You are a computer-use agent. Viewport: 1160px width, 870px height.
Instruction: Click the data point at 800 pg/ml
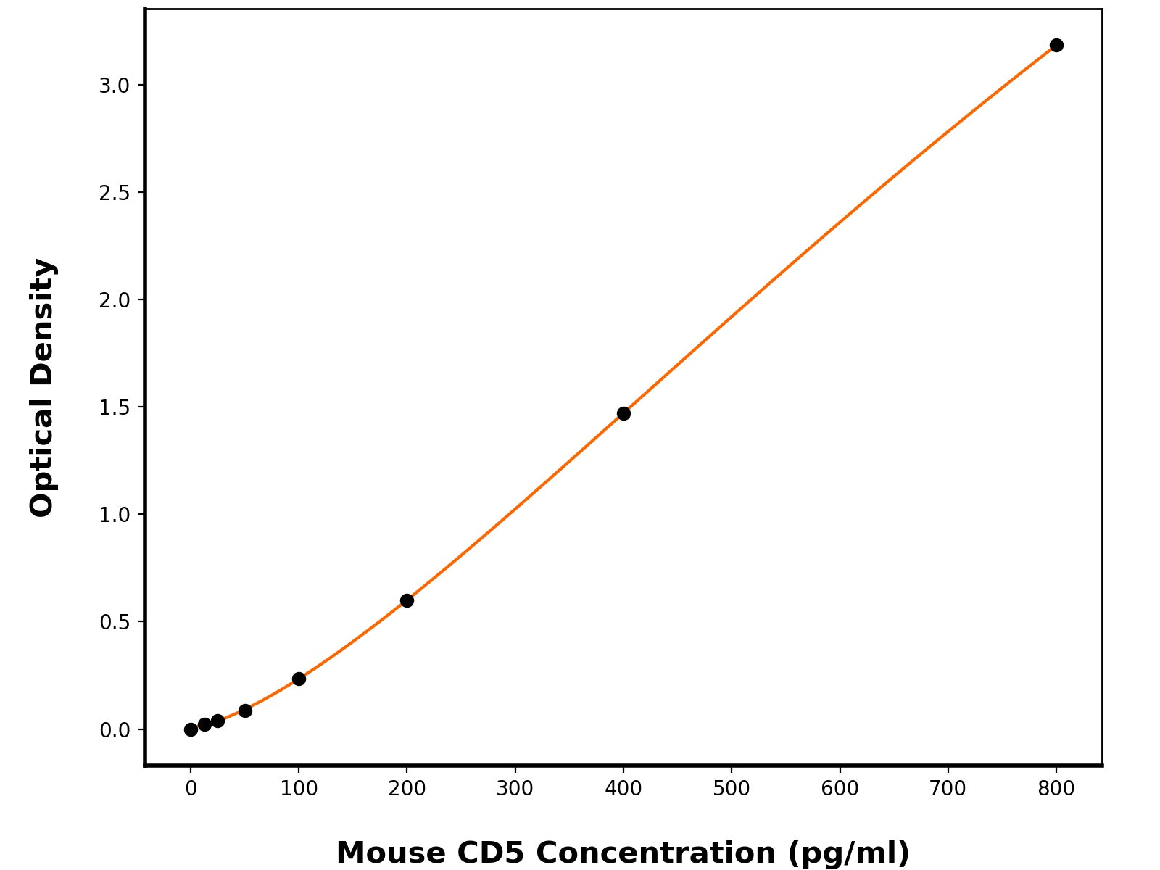coord(1056,46)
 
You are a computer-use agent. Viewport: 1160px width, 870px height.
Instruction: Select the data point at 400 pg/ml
coord(623,413)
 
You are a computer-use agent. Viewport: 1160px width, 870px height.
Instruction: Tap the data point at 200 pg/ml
coord(407,600)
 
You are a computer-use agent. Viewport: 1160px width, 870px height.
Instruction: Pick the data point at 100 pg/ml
coord(299,679)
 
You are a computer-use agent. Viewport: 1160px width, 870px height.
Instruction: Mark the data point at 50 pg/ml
coord(245,710)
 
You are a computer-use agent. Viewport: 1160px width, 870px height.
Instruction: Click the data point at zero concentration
coord(191,729)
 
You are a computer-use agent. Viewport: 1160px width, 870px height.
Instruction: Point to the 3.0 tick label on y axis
coord(114,86)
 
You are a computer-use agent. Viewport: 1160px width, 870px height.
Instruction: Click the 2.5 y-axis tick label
coord(114,193)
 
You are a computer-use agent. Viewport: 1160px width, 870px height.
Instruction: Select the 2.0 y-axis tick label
coord(114,300)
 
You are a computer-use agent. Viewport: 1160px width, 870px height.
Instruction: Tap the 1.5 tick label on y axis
coord(114,407)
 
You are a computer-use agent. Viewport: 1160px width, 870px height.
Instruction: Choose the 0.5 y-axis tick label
coord(114,622)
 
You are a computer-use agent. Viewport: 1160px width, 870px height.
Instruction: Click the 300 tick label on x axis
coord(515,789)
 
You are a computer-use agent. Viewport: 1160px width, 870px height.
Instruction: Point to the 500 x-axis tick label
coord(731,789)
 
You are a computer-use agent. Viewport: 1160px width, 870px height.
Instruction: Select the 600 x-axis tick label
coord(840,789)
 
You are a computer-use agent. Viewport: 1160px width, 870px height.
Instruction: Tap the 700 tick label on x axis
coord(948,789)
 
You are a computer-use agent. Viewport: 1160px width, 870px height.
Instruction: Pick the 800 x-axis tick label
coord(1056,789)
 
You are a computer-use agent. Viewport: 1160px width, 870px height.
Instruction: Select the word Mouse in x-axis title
coord(391,853)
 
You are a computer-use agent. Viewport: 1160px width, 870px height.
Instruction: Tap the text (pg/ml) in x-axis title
coord(848,853)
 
